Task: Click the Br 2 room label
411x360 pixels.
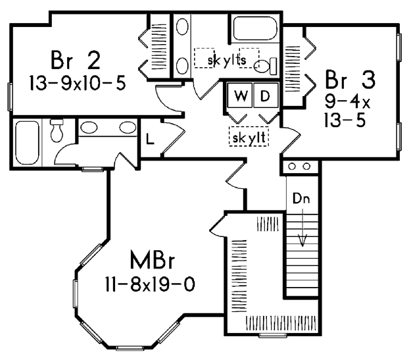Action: coord(76,60)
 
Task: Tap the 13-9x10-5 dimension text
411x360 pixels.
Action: coord(78,83)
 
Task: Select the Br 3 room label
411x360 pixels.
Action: coord(351,79)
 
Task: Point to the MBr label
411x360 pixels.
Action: coord(153,260)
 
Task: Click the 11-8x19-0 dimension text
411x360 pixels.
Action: coord(150,284)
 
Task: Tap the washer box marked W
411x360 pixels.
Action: coord(240,95)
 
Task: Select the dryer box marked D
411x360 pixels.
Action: coord(266,95)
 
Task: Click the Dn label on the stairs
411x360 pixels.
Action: coord(301,198)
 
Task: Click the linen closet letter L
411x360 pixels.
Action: coord(150,139)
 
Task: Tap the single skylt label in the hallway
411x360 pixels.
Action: coord(249,138)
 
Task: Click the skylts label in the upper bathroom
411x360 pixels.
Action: coord(227,60)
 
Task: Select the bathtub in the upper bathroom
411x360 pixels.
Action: coord(255,28)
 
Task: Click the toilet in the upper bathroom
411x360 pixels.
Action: coord(265,66)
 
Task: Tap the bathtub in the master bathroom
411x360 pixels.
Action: coord(26,143)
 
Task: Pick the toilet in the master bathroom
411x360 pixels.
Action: coord(57,130)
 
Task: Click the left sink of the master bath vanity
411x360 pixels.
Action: coord(89,128)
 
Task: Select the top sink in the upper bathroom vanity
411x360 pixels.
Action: coord(182,26)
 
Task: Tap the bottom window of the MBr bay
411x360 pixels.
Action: coord(130,348)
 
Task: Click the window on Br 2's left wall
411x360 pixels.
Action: coord(10,96)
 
